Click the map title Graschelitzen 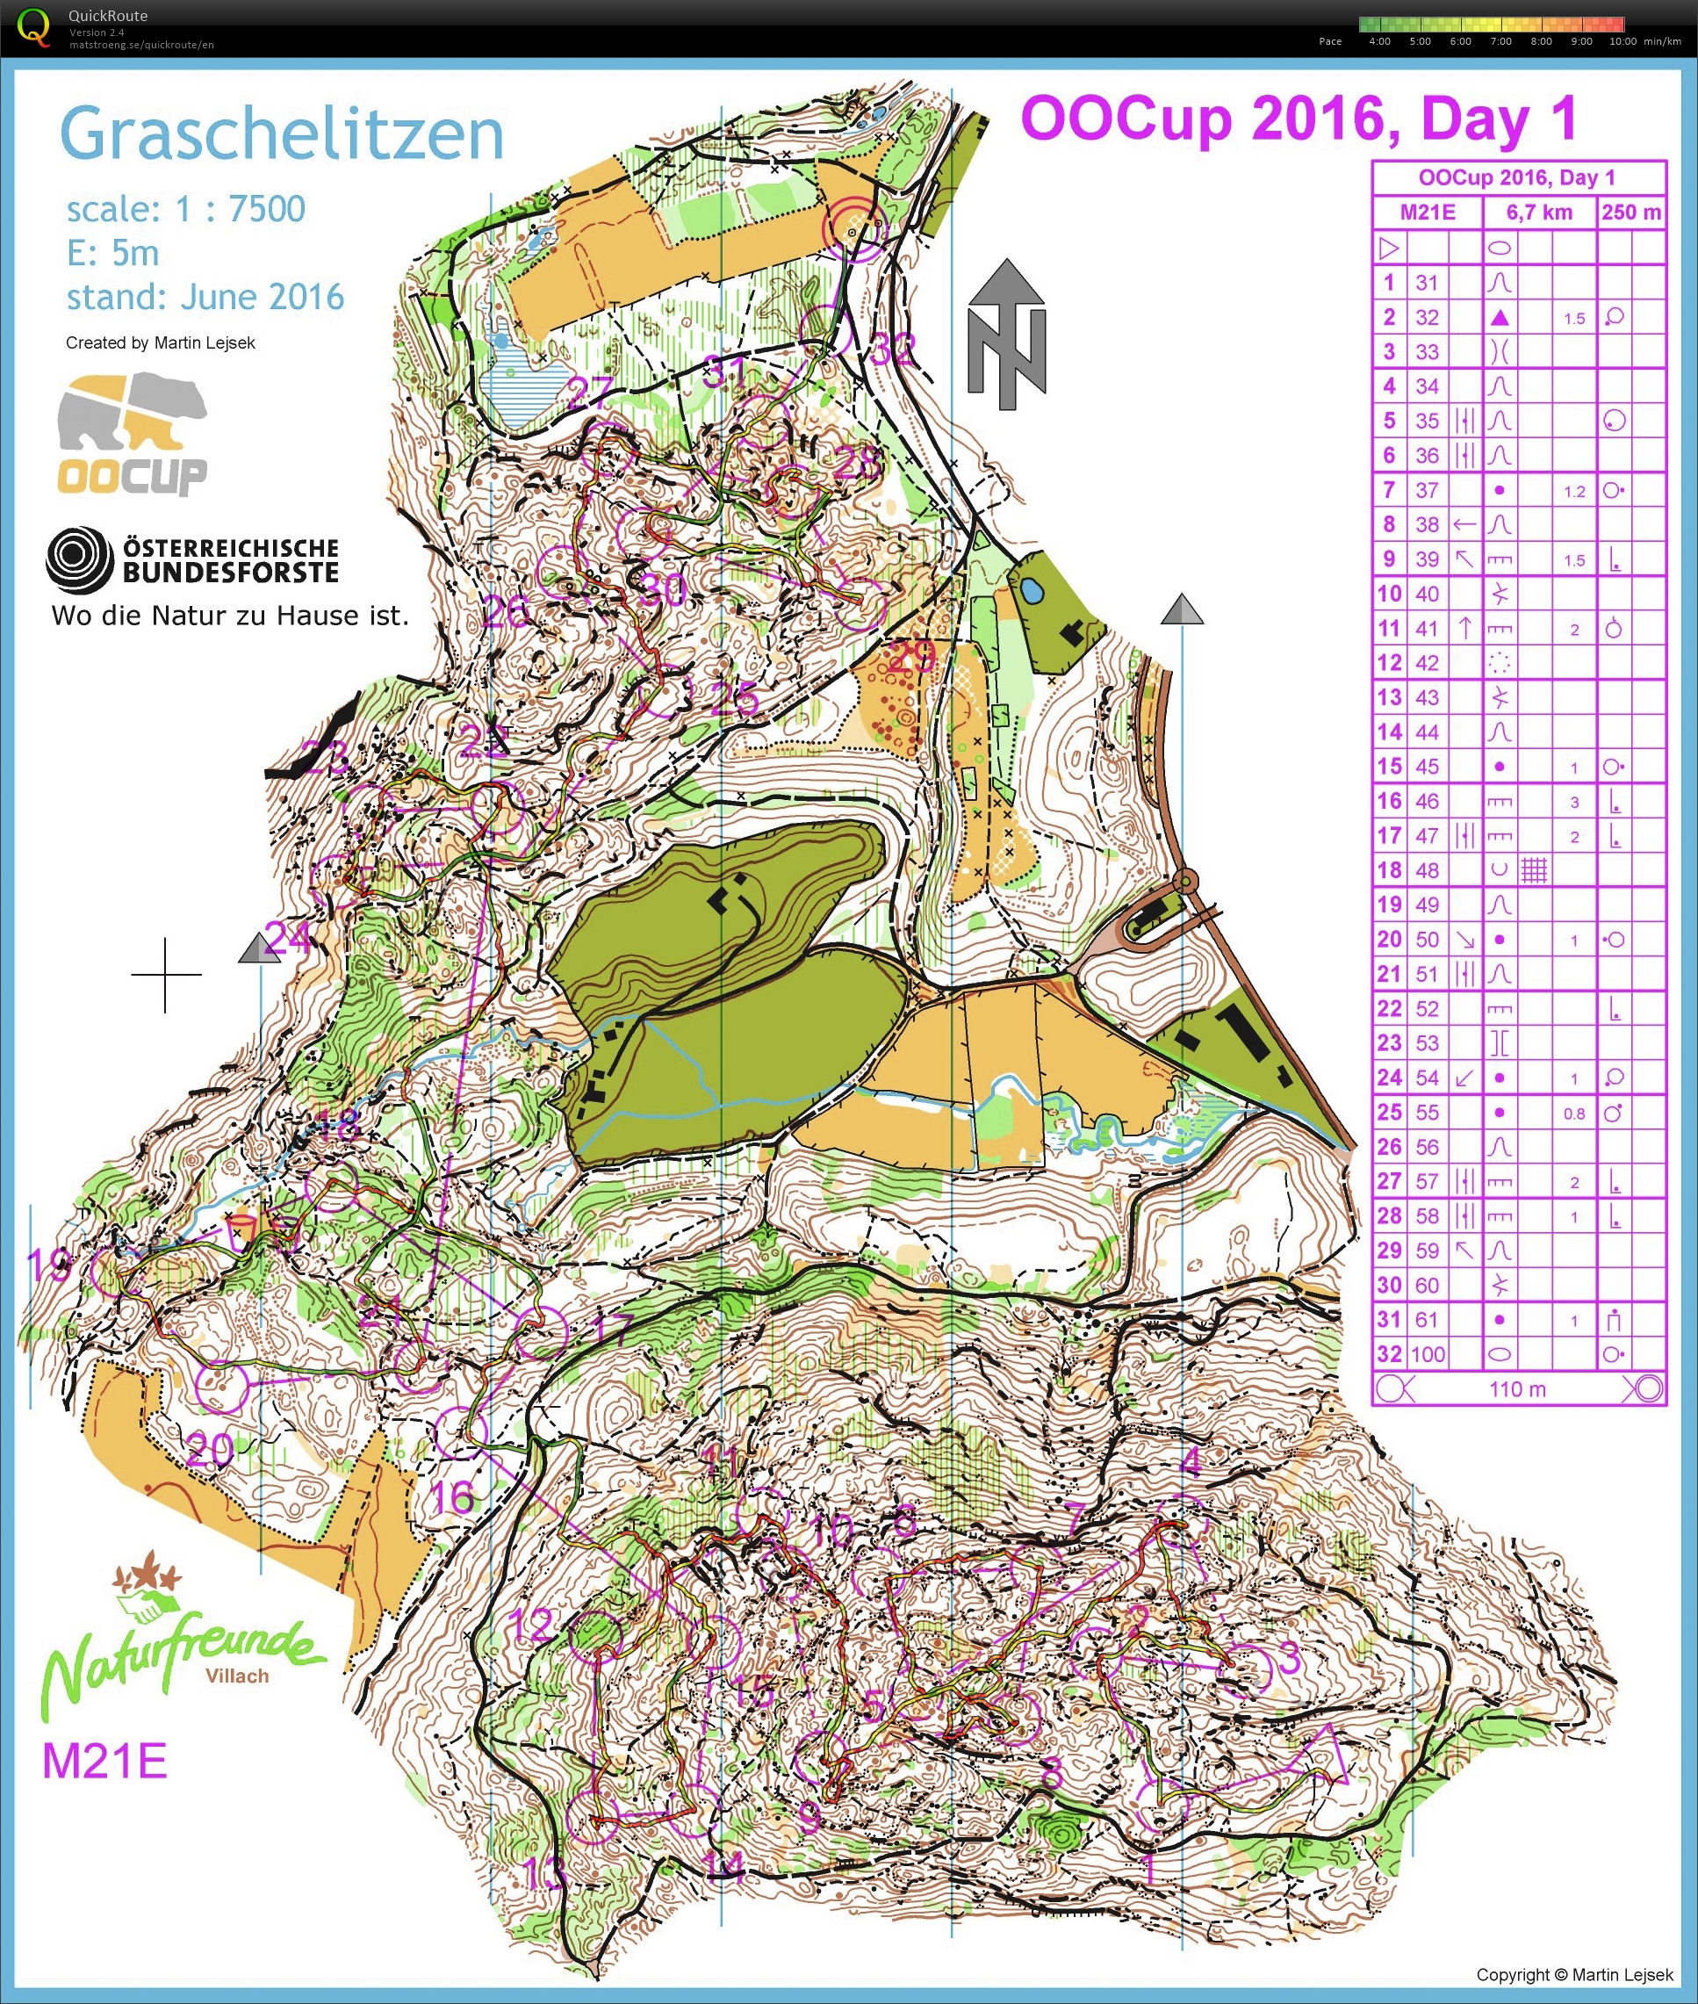tap(281, 134)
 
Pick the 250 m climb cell tap(1630, 213)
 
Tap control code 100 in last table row tap(1428, 1355)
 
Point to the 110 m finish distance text tap(1517, 1389)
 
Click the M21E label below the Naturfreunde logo tap(104, 1762)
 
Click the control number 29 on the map tap(910, 658)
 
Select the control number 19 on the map tap(47, 1265)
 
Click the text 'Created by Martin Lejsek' tap(160, 342)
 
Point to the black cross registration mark tap(166, 975)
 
